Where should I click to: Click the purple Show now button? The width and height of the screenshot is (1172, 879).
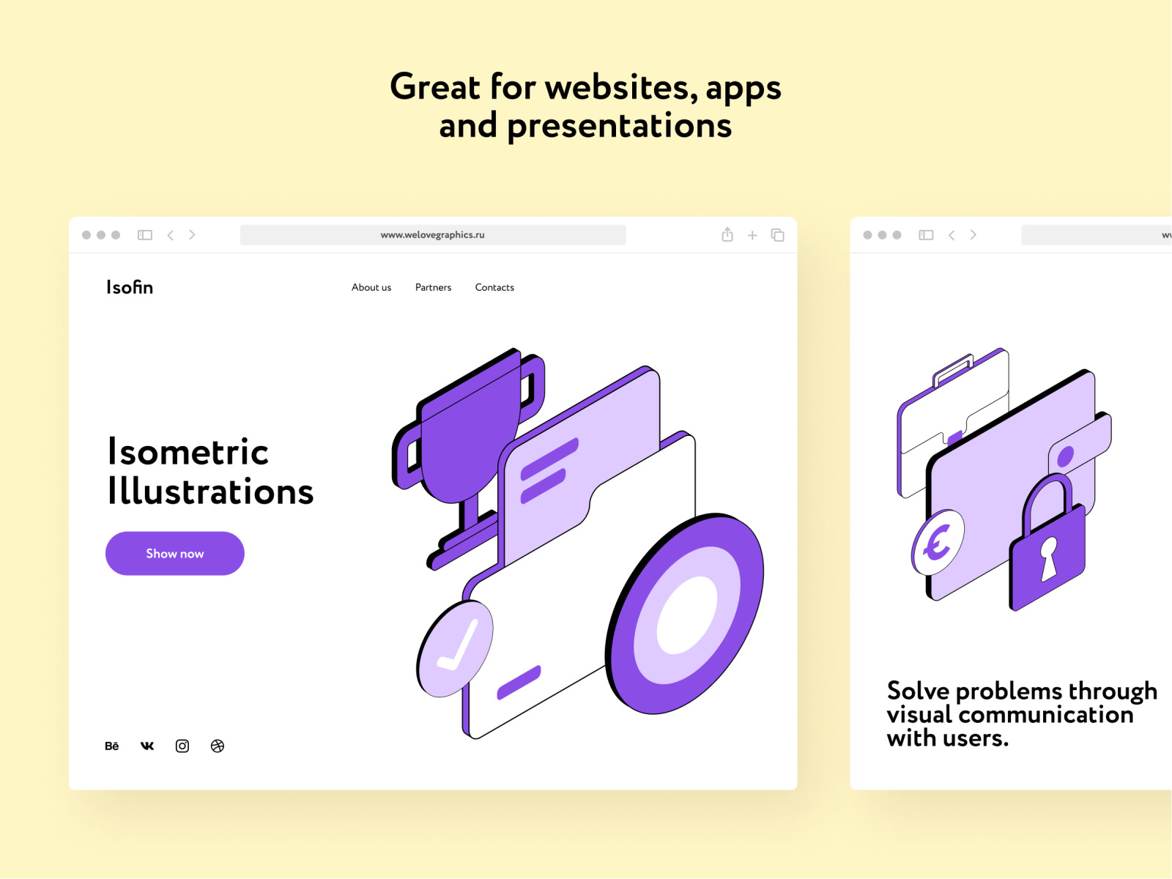coord(174,554)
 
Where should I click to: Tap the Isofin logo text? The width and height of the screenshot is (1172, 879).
coord(130,287)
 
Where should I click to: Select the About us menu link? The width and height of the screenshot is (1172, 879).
coord(371,288)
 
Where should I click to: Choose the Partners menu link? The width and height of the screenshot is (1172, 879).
coord(433,288)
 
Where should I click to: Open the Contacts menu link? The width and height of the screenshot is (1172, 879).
coord(494,288)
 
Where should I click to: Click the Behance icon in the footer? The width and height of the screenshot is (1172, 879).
coord(111,746)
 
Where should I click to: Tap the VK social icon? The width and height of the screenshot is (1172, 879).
coord(146,746)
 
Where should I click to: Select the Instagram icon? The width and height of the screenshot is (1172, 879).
coord(182,746)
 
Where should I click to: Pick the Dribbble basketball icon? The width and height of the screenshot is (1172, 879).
coord(218,746)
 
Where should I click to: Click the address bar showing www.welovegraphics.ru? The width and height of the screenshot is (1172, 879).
coord(432,235)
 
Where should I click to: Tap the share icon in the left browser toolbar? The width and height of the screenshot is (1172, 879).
coord(727,234)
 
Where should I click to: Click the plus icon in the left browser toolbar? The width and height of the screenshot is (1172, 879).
coord(752,235)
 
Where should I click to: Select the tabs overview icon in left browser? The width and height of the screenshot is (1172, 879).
coord(777,235)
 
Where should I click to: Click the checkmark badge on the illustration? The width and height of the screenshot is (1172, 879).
coord(454,648)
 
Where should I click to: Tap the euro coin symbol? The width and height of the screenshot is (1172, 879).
coord(938,542)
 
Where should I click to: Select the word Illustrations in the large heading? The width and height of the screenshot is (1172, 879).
coord(210,492)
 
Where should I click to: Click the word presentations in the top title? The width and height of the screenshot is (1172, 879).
coord(619,127)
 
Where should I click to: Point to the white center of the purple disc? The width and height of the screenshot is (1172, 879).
coord(687,615)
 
